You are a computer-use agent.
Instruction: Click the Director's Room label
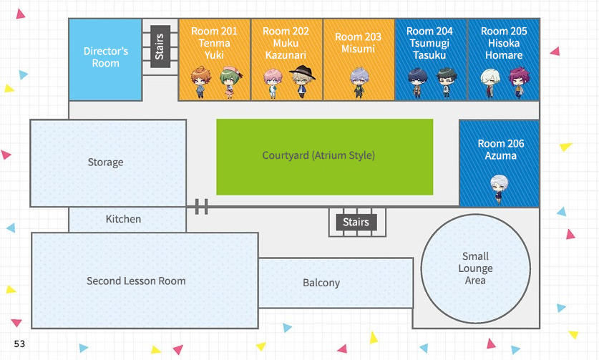pos(105,57)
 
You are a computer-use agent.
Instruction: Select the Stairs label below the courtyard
pos(356,222)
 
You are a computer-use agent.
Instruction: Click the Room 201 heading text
pos(215,31)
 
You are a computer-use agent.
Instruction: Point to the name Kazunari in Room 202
pos(286,55)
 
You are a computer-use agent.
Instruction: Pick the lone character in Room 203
pos(358,82)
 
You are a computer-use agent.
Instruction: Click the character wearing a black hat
pos(301,82)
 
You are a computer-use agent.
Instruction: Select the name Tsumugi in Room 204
pos(429,43)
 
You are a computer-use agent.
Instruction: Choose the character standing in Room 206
pos(499,188)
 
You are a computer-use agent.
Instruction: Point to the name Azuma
pos(501,155)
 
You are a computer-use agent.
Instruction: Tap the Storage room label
pos(105,162)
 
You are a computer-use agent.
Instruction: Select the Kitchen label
pos(123,219)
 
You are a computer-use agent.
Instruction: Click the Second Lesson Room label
pos(136,281)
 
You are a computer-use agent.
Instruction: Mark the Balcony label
pos(321,283)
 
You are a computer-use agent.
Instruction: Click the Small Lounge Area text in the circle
pos(475,268)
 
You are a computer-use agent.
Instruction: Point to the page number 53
pos(19,344)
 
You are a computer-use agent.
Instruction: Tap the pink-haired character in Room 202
pos(273,83)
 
